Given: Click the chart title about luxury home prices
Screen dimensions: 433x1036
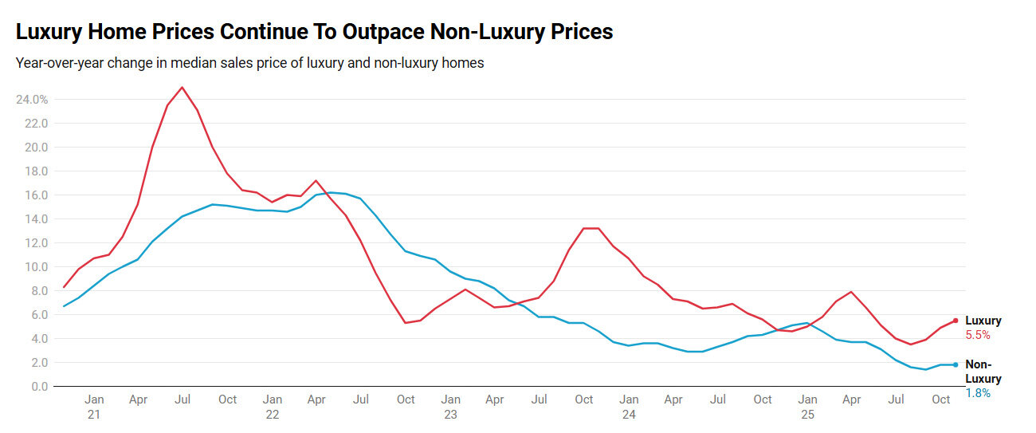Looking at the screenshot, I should tap(315, 32).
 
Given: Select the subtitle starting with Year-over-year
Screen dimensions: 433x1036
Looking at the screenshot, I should tap(249, 63).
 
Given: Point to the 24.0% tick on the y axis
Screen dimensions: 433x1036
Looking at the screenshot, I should tap(31, 100).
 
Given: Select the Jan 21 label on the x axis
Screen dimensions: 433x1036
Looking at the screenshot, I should tap(94, 407).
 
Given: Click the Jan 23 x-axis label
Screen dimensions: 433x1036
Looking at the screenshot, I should tap(451, 407).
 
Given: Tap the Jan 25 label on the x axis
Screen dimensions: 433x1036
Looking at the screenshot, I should tap(807, 407).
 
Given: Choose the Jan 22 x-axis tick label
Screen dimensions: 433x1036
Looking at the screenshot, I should tap(273, 407).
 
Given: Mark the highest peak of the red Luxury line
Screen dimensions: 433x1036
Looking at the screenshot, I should tap(182, 88).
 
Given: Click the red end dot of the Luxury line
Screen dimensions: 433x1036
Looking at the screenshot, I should tap(956, 321).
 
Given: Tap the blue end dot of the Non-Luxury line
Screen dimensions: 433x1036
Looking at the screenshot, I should tap(956, 364).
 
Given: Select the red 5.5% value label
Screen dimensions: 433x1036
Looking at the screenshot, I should tap(978, 336).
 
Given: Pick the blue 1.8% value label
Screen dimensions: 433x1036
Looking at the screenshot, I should tap(978, 393).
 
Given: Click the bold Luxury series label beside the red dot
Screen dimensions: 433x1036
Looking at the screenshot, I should tap(983, 321).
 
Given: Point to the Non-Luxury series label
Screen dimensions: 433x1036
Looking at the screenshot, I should tap(983, 372).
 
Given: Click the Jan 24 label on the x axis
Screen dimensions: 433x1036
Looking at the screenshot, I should tap(629, 407).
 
